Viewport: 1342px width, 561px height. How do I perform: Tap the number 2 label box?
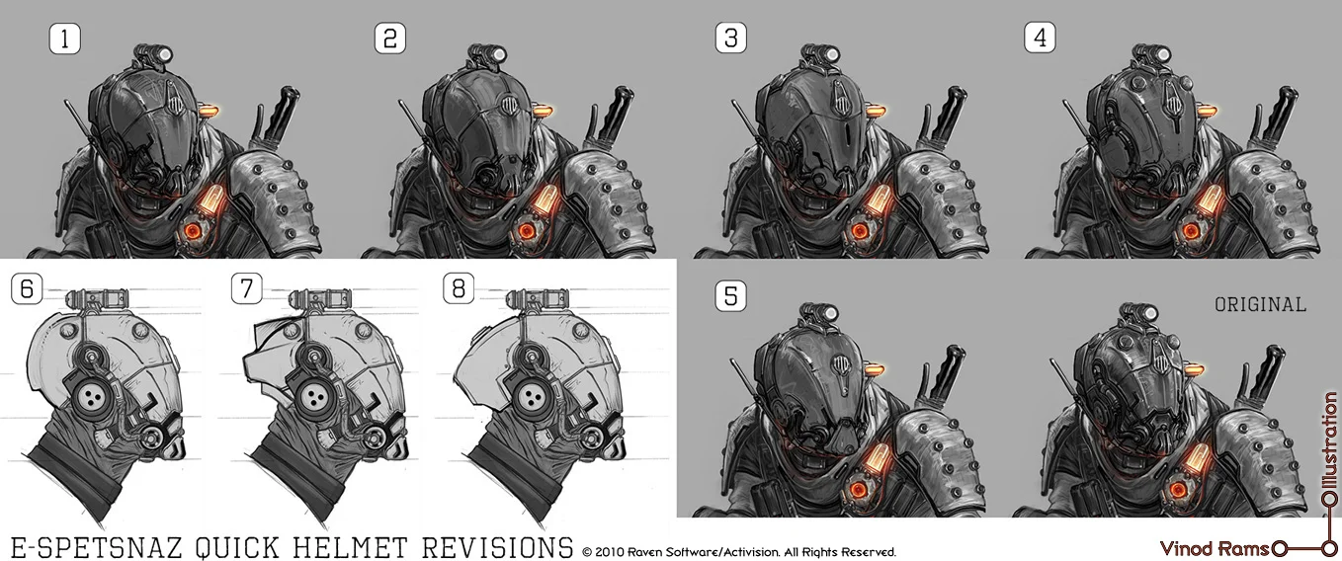click(390, 39)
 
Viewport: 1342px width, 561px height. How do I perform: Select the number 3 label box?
click(730, 39)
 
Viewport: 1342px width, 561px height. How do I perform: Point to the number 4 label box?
click(1041, 39)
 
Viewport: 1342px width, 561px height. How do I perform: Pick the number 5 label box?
click(730, 295)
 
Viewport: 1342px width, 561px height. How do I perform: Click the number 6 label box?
click(26, 288)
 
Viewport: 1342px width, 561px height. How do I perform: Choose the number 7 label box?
click(246, 288)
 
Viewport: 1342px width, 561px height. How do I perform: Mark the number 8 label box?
click(459, 288)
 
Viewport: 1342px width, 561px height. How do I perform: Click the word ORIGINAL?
click(1260, 305)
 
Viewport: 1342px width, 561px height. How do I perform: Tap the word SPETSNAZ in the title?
click(126, 547)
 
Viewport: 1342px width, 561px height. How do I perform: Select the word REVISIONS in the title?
click(497, 547)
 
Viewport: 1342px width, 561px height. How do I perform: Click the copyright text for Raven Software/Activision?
click(739, 552)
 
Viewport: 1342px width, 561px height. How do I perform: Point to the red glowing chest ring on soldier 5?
click(859, 488)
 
